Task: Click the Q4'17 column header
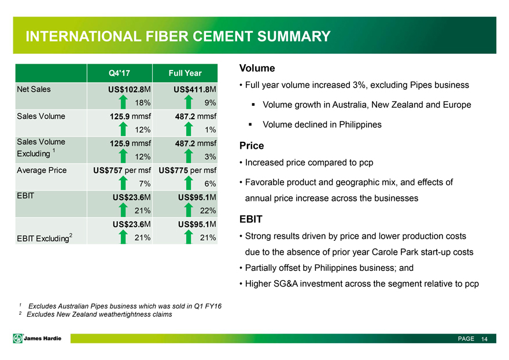coord(119,73)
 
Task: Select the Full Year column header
coord(185,73)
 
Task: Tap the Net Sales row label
coord(34,89)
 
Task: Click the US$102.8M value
coord(130,89)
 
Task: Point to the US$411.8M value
coord(195,89)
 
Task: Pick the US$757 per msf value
coord(122,170)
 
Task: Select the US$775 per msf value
coord(187,170)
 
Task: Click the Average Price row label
coord(42,170)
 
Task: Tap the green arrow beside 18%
coord(123,102)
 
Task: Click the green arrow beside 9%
coord(189,102)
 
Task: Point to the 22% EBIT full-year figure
coord(208,211)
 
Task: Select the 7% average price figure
coord(145,183)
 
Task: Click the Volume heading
coord(257,68)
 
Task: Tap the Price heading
coord(252,145)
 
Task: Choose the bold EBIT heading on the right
coord(251,219)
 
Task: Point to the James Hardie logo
coord(37,338)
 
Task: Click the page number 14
coord(484,339)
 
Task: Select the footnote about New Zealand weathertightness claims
coord(96,314)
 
